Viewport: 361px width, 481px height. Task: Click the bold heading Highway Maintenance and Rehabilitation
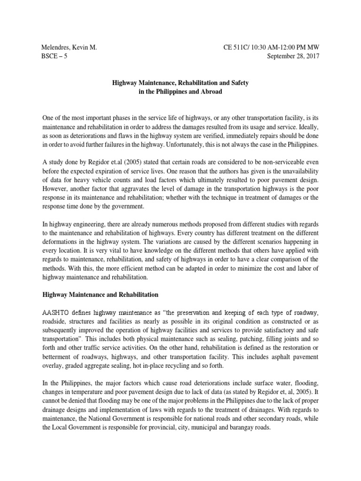click(100, 295)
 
